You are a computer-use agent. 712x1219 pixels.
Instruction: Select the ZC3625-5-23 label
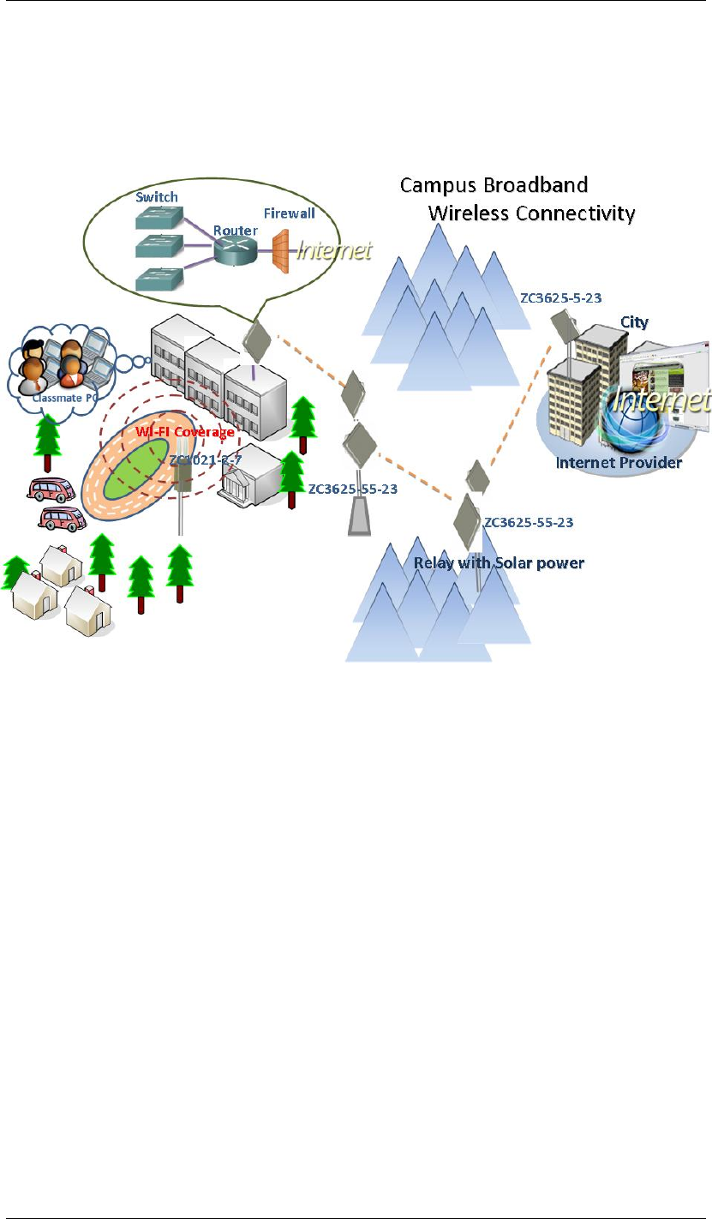click(x=560, y=297)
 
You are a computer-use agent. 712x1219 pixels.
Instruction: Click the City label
click(x=634, y=322)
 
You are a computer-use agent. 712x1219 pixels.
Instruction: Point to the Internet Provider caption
click(x=619, y=463)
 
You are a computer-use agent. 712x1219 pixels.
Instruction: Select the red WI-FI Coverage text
click(x=183, y=432)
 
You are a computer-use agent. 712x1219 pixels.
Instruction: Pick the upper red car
click(x=52, y=489)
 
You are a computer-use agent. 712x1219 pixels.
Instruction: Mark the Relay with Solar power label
click(x=499, y=562)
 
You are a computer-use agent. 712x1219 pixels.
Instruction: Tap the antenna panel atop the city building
click(x=565, y=327)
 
